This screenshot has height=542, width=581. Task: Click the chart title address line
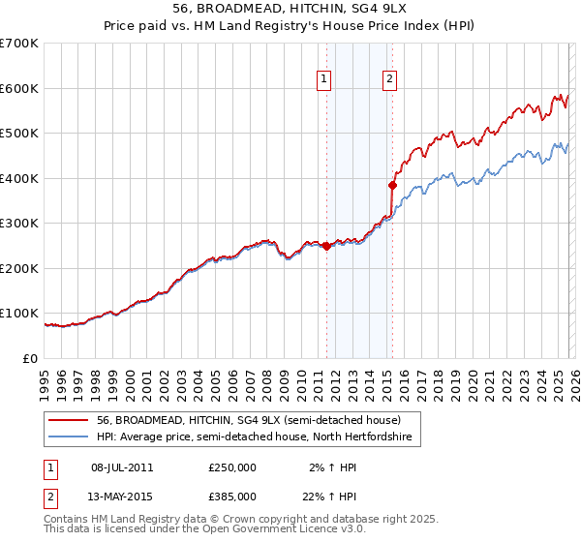(x=290, y=9)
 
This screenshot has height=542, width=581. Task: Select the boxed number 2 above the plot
(x=389, y=80)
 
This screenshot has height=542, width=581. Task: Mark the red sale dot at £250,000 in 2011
(x=326, y=246)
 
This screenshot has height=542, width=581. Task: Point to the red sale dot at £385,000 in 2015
(x=392, y=185)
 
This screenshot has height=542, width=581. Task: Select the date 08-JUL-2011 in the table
(x=122, y=467)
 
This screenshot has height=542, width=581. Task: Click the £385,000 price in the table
(x=232, y=496)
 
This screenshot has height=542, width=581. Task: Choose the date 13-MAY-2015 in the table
(x=122, y=496)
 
